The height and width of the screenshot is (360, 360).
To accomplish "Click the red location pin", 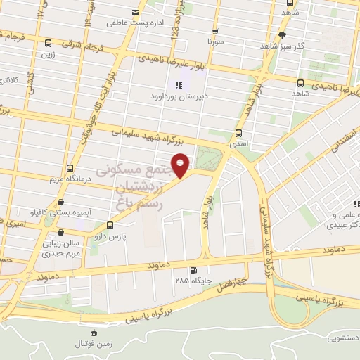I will [182, 165].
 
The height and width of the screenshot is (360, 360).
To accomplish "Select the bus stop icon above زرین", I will [48, 43].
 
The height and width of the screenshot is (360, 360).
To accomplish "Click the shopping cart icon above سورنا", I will [215, 32].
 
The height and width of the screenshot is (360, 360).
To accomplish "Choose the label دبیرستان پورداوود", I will [173, 98].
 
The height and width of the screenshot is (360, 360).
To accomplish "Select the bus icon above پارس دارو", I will [110, 226].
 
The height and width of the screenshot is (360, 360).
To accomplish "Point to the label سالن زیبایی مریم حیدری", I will [58, 247].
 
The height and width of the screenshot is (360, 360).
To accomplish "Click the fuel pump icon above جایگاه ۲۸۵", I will [192, 270].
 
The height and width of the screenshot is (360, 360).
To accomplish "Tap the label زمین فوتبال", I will [94, 344].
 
